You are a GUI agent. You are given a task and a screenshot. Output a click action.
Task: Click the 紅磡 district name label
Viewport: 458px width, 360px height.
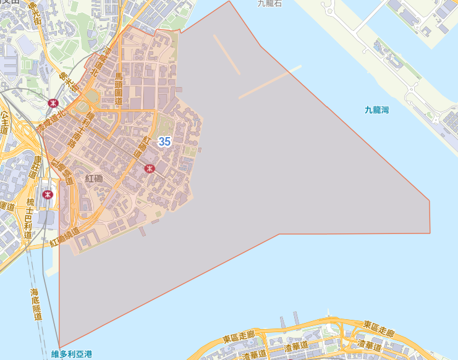(94, 178)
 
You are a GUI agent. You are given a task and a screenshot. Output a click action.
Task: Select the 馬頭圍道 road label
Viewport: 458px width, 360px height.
(119, 88)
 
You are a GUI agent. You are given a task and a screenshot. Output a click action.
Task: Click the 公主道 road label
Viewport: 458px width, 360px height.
(5, 123)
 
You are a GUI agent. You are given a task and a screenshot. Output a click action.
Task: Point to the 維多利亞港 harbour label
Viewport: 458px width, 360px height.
(72, 354)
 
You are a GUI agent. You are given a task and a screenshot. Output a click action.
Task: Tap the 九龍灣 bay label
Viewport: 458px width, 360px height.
(376, 110)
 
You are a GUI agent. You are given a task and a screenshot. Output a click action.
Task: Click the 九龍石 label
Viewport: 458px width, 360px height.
(270, 4)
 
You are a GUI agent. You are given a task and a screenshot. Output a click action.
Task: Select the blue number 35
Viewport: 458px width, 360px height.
(164, 141)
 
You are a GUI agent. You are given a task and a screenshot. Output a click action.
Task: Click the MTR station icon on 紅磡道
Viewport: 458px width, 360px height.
(149, 168)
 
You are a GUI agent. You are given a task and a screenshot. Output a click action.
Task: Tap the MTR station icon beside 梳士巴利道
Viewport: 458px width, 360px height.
(48, 195)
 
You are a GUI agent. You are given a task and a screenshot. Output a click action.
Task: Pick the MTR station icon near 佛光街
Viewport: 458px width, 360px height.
(53, 103)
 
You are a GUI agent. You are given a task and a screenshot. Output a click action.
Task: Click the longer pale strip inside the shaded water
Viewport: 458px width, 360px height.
(270, 82)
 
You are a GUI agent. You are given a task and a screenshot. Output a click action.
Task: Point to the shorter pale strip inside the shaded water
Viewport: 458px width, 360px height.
(227, 54)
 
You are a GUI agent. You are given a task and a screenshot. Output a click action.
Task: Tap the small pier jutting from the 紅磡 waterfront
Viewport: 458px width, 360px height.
(143, 231)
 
